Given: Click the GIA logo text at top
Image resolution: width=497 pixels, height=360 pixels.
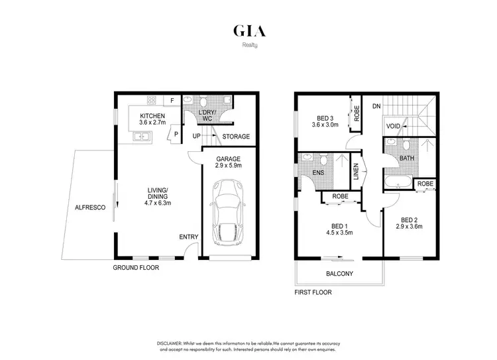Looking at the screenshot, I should coord(248,31).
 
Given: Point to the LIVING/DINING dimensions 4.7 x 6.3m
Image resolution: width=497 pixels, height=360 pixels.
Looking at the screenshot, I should coord(158,204).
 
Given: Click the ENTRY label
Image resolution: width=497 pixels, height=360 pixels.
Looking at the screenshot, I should coord(188,237).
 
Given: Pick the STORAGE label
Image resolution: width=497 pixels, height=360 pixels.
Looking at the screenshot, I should coord(236,137).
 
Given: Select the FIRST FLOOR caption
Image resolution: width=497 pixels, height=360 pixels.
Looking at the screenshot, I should coord(313,292).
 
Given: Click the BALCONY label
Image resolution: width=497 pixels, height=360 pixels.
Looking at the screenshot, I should coord(339,274).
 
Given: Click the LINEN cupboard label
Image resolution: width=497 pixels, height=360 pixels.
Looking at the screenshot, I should coord(355,172).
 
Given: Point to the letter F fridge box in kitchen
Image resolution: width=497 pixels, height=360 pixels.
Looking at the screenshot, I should coord(172,100).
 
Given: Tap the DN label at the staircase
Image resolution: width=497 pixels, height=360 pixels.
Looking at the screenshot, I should coord(376,106).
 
